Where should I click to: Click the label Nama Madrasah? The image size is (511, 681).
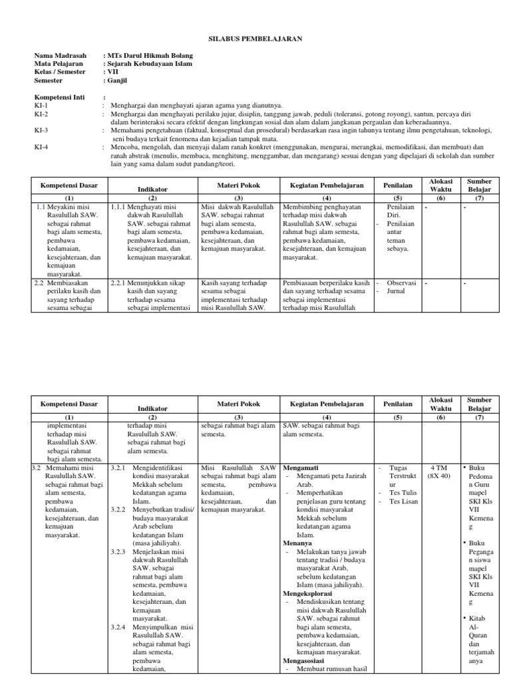click(59, 55)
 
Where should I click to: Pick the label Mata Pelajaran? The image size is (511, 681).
click(57, 63)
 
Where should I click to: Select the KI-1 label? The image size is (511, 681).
click(41, 106)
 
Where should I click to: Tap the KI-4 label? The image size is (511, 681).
click(41, 146)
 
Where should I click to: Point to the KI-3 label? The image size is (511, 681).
click(41, 130)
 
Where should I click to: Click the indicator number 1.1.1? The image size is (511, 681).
click(122, 207)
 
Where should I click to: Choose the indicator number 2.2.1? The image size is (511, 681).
click(122, 282)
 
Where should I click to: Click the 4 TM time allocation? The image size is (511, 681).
click(438, 468)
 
